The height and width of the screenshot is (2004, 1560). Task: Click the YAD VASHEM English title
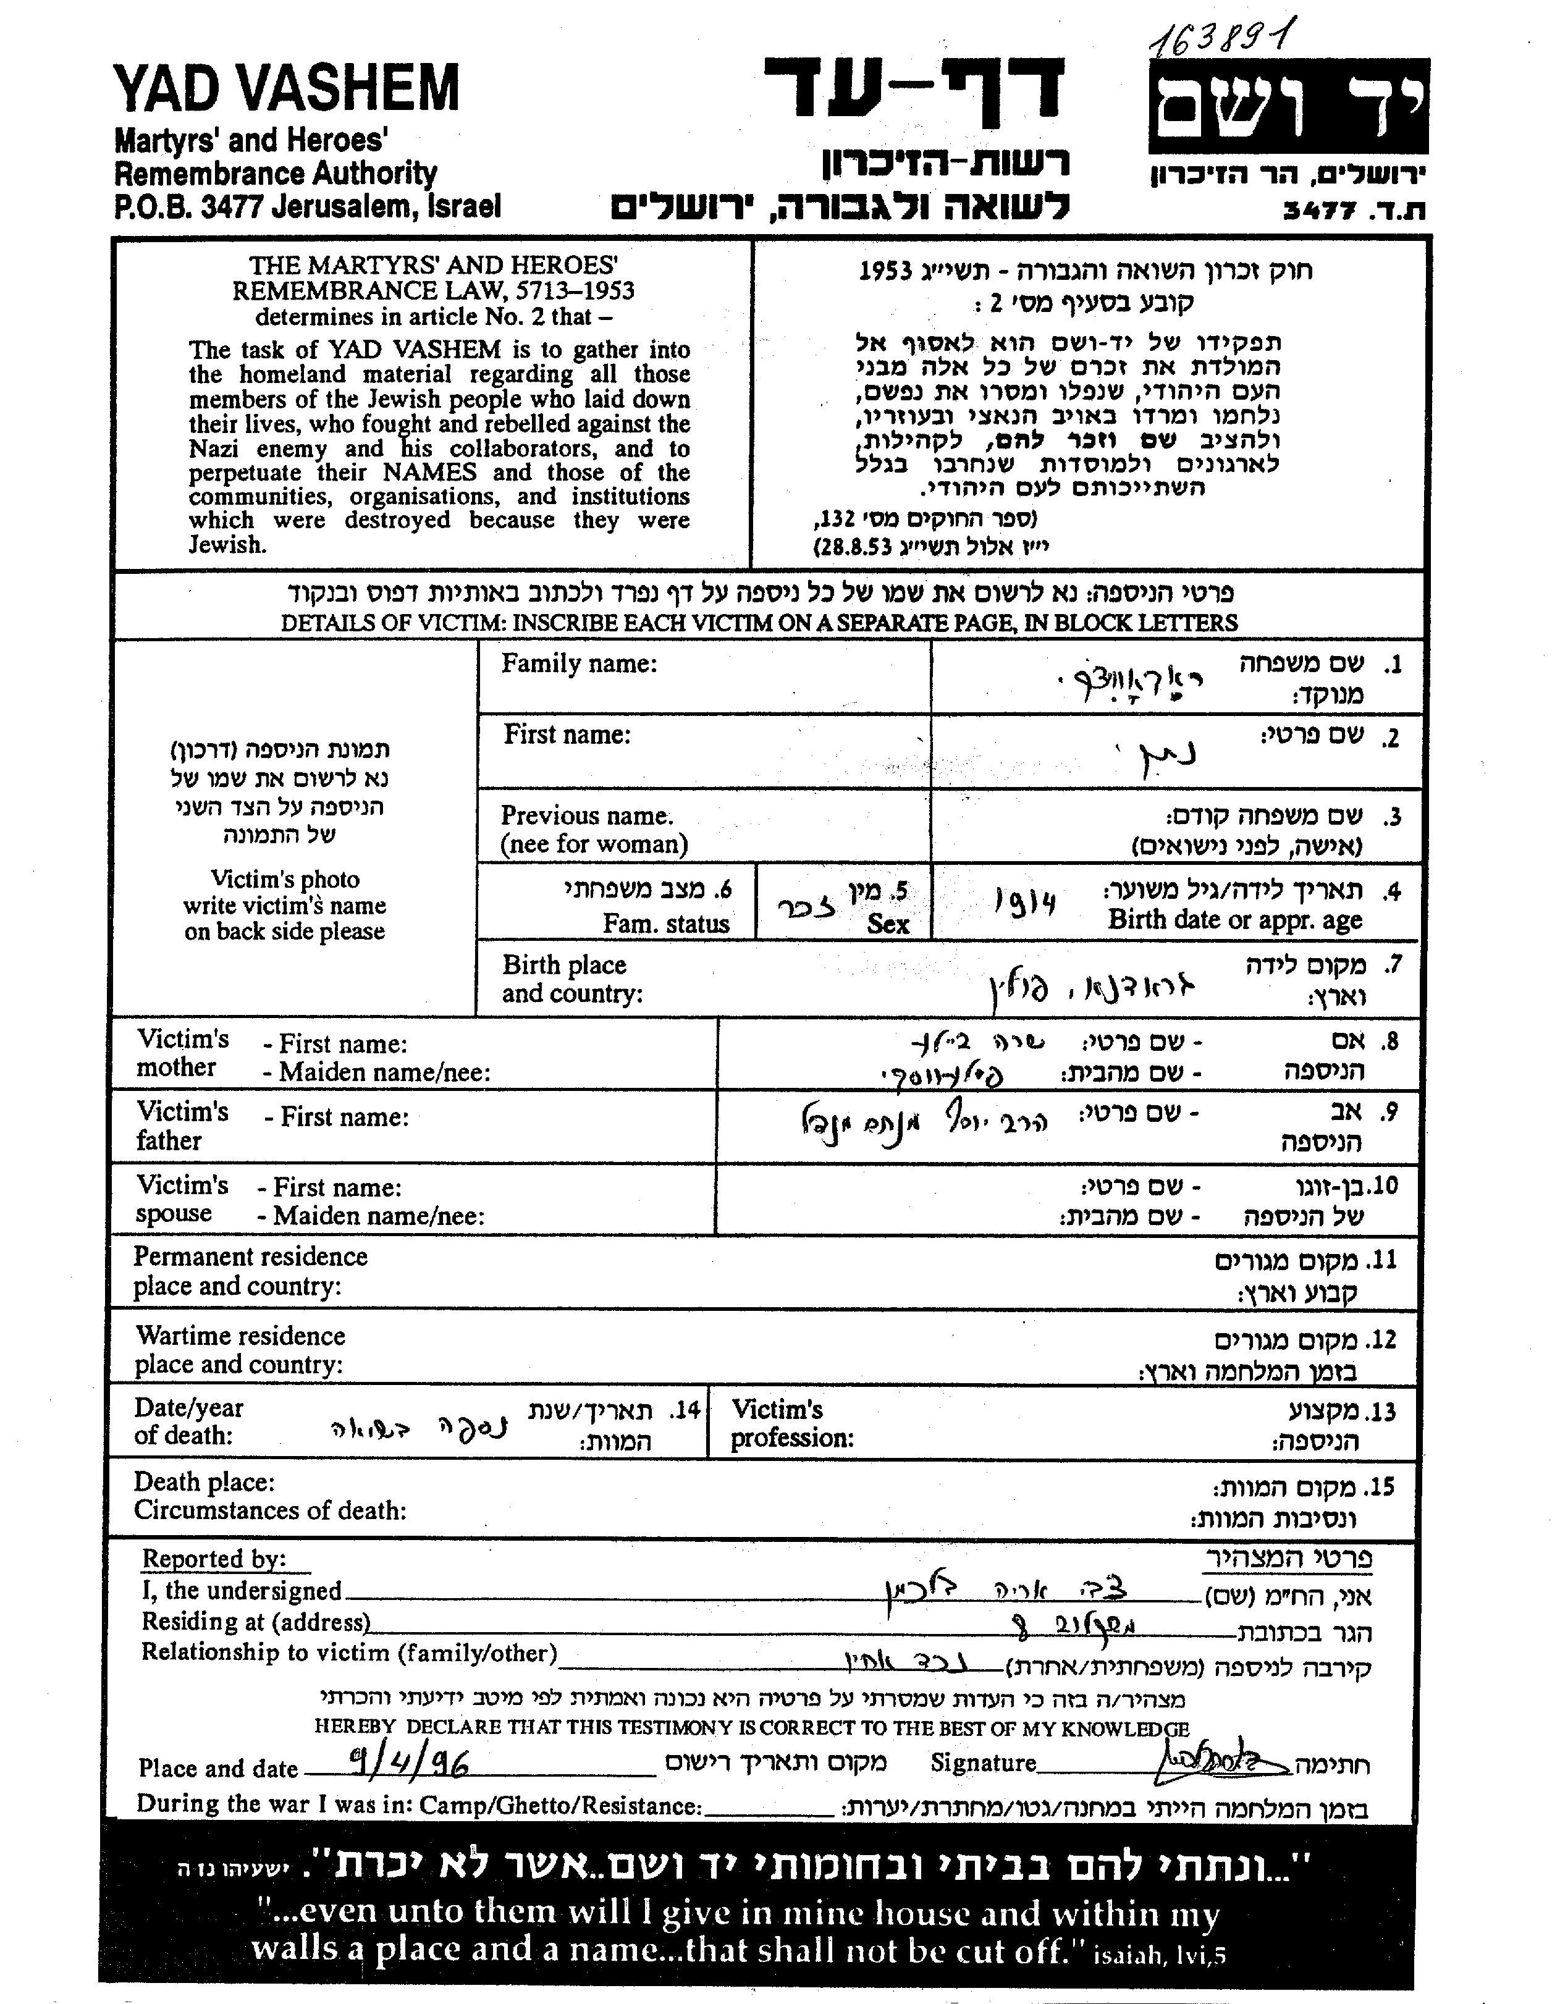point(285,89)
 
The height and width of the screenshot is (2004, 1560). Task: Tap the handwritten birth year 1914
point(1025,903)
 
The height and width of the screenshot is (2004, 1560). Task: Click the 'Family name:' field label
point(579,663)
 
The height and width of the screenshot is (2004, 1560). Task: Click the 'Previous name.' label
point(586,815)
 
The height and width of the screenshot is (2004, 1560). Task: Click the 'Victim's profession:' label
point(791,1423)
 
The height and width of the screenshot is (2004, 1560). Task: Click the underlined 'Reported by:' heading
point(214,1559)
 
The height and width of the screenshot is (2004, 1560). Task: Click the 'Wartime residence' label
point(240,1336)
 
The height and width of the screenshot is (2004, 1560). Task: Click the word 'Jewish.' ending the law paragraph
point(227,544)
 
